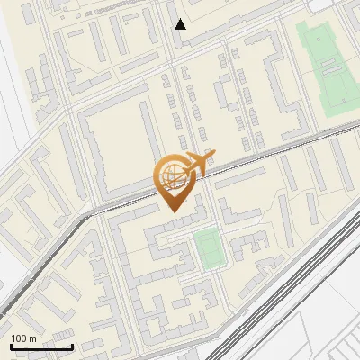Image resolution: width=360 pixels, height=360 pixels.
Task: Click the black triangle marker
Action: point(181,24)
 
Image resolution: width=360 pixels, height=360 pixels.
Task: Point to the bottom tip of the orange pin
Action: point(173,211)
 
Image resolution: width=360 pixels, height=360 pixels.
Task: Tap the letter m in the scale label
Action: point(32,338)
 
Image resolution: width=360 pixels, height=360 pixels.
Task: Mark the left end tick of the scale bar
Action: point(11,346)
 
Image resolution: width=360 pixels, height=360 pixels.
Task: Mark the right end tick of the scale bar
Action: point(72,346)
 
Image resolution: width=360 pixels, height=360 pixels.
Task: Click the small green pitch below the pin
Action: point(207,247)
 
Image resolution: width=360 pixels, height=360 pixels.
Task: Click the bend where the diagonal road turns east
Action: point(91,214)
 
